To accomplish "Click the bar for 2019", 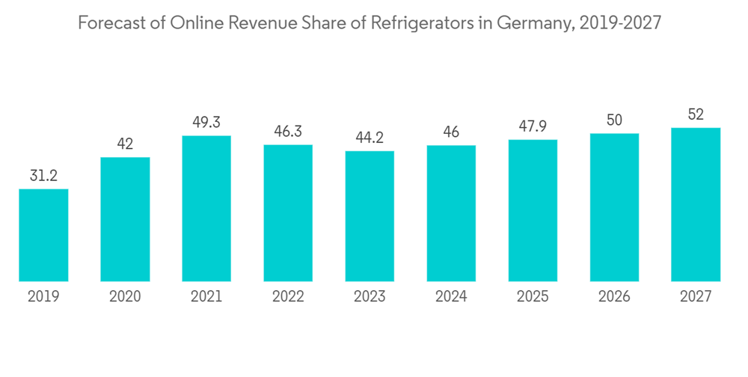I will pyautogui.click(x=43, y=235).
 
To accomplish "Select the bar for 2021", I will pyautogui.click(x=206, y=209).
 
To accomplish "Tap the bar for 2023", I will pyautogui.click(x=370, y=216).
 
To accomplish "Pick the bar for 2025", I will pyautogui.click(x=533, y=210).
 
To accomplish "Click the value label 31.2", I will pyautogui.click(x=43, y=175).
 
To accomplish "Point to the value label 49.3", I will pyautogui.click(x=206, y=122).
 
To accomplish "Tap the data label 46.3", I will pyautogui.click(x=288, y=131).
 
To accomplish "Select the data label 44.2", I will pyautogui.click(x=370, y=137).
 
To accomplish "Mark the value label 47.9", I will pyautogui.click(x=533, y=126).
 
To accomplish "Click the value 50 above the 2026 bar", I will pyautogui.click(x=614, y=120).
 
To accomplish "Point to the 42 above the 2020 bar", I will pyautogui.click(x=125, y=144).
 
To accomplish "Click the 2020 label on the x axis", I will pyautogui.click(x=125, y=297).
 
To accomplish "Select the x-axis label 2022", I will pyautogui.click(x=288, y=297).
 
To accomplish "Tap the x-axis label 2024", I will pyautogui.click(x=451, y=297).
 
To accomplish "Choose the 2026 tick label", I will pyautogui.click(x=614, y=297).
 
